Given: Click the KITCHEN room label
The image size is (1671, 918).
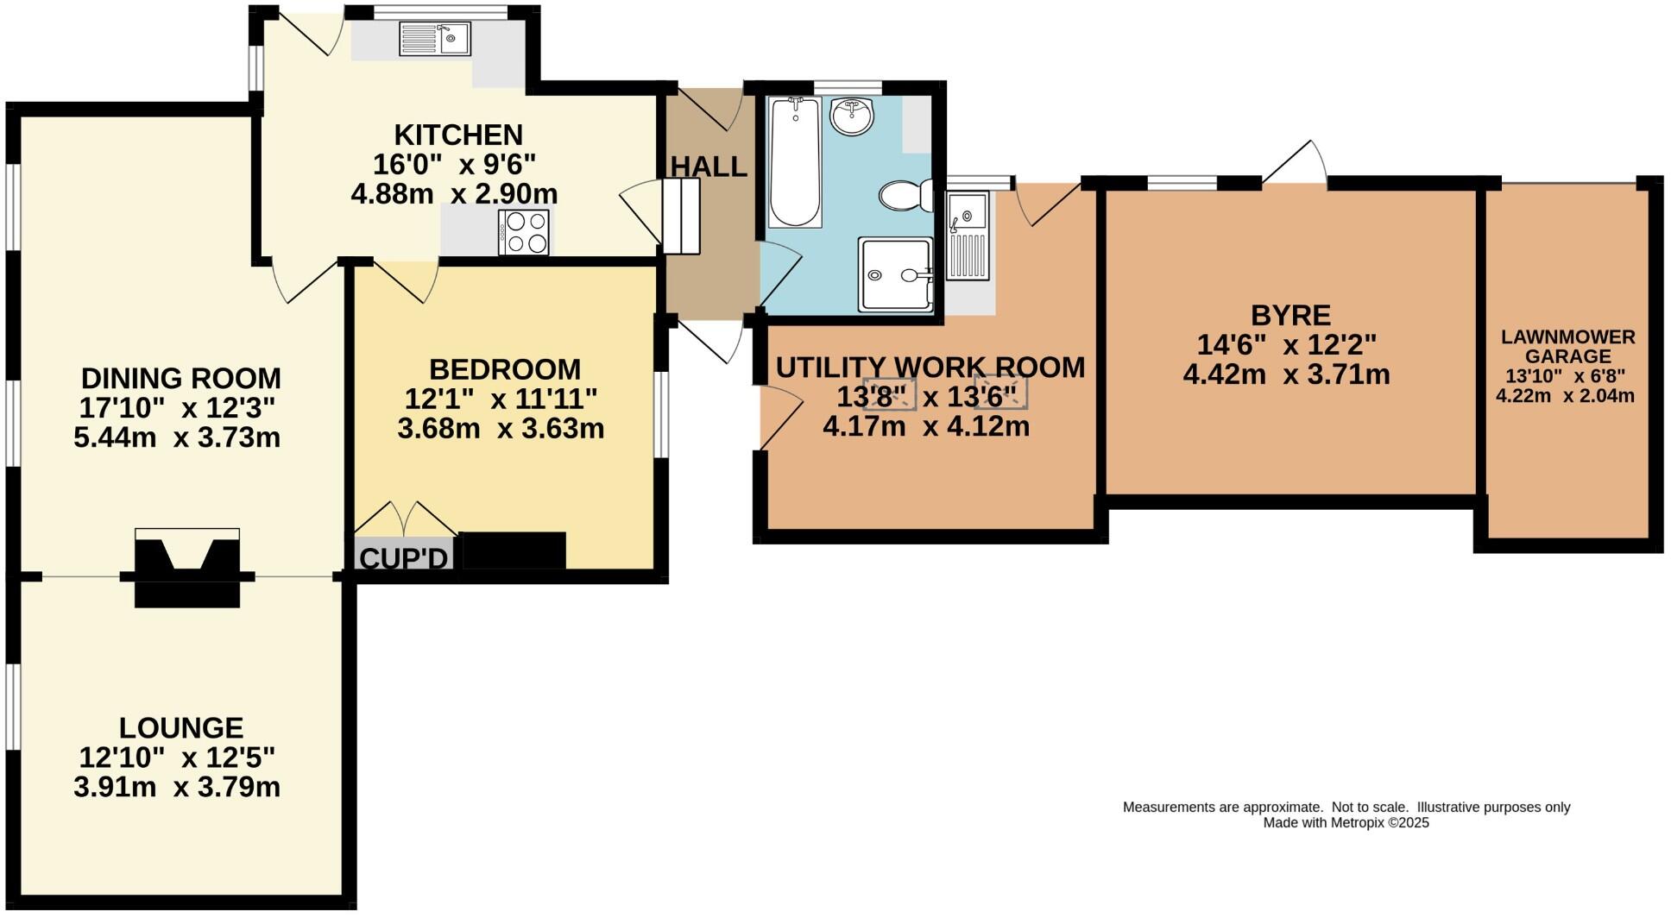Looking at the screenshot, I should click(458, 135).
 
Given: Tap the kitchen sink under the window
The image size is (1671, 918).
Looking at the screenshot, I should click(434, 39).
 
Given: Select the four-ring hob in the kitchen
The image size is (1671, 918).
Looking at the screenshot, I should click(523, 232).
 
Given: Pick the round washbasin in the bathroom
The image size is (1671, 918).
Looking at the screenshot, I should click(852, 116).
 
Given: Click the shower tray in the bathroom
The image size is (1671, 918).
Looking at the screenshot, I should click(895, 274).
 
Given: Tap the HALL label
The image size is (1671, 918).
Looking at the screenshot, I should click(709, 167).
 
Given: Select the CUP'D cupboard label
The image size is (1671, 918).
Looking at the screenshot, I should click(404, 558).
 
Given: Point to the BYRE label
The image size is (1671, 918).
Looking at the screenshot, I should click(1290, 315).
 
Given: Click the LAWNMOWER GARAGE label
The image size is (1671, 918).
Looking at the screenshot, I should click(1567, 346).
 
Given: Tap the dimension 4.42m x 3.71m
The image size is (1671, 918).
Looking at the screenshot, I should click(1286, 374).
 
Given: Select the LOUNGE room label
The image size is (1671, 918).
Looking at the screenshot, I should click(181, 727).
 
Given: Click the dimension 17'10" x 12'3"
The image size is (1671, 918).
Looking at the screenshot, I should click(179, 408).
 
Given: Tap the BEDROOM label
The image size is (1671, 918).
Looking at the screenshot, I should click(504, 369).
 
